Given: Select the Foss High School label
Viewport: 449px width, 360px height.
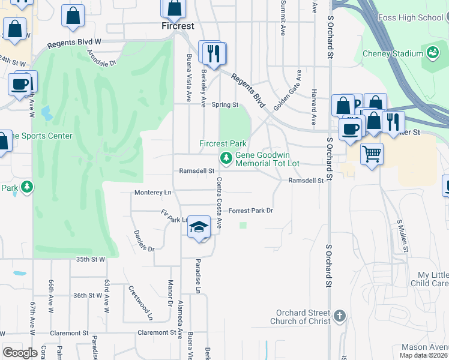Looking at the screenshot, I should (411, 17).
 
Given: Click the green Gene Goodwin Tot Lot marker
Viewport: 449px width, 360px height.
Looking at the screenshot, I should (226, 158).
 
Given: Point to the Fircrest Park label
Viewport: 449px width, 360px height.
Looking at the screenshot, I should (223, 144).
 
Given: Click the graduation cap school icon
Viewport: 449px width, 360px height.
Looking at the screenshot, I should (199, 227).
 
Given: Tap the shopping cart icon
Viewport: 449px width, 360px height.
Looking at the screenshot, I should (372, 154).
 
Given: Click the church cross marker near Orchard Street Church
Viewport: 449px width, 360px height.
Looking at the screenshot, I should (340, 316).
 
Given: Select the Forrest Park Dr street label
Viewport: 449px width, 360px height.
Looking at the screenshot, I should (251, 211).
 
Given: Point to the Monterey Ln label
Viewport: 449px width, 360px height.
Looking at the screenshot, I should (152, 192).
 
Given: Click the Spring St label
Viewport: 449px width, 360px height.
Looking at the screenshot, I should (225, 104).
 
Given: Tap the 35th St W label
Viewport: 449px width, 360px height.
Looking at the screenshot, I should (91, 259).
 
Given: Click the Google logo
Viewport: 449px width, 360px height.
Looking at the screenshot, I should (20, 352).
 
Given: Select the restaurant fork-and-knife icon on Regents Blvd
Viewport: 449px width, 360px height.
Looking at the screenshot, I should (212, 53).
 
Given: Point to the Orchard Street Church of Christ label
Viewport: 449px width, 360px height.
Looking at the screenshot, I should (303, 317).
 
